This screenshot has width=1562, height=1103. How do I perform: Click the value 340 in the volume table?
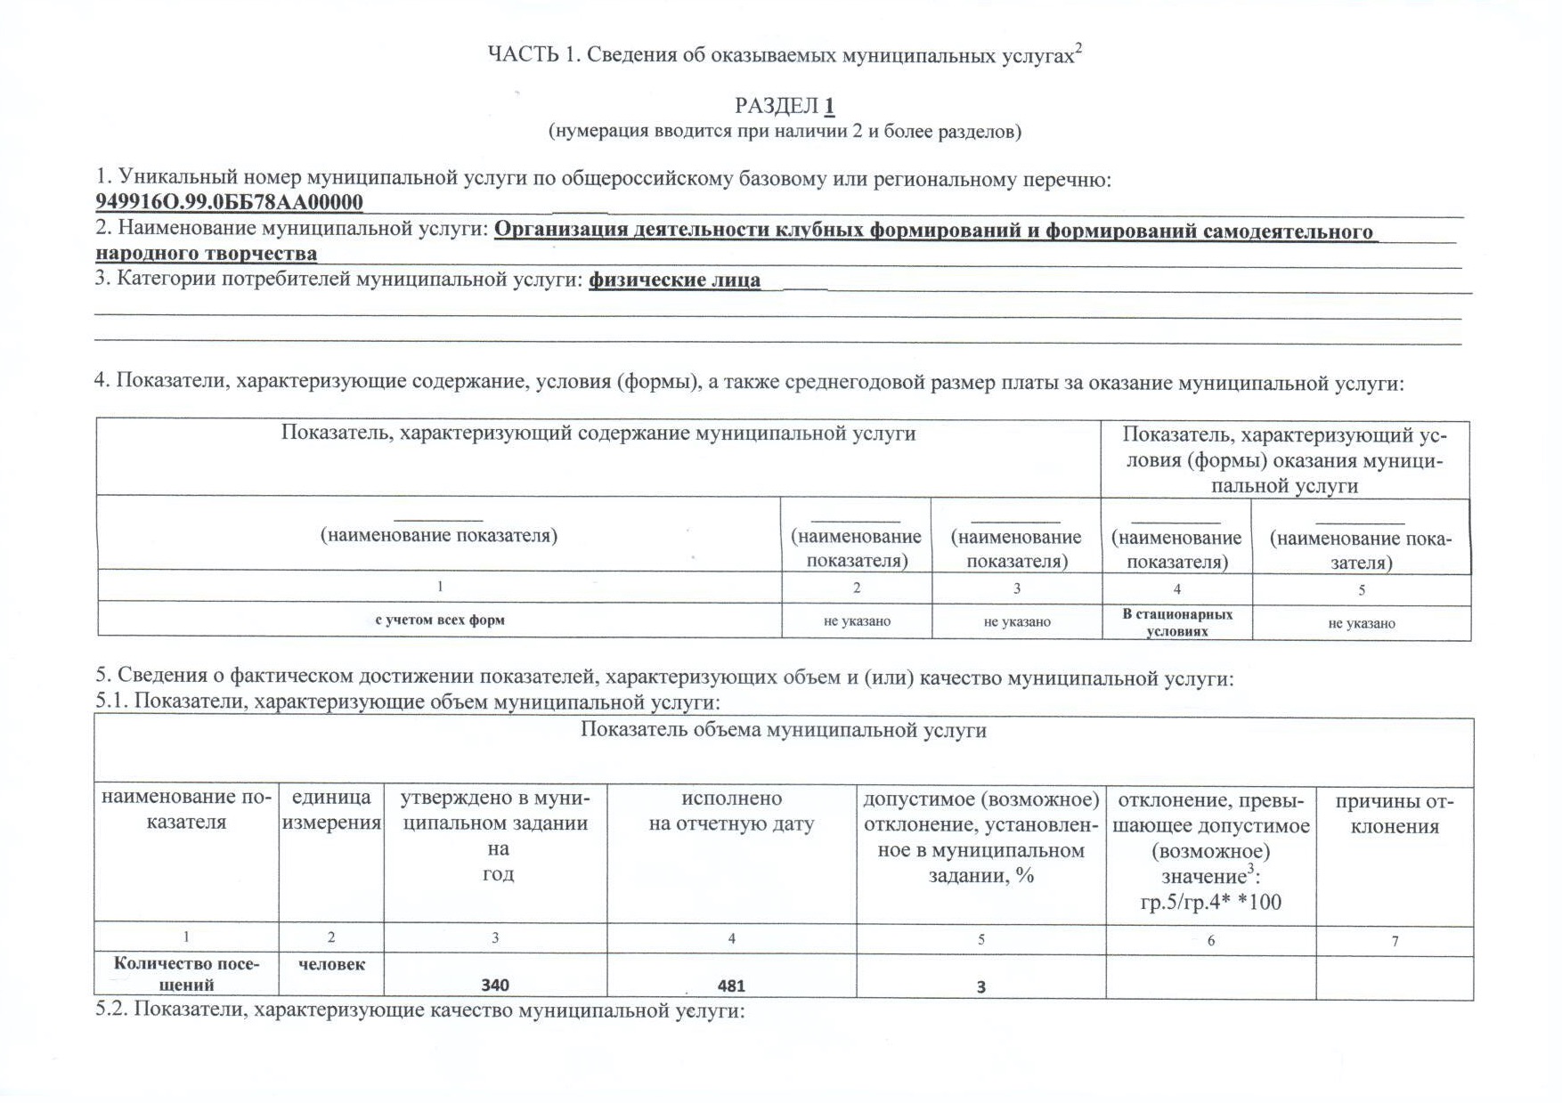click(x=495, y=985)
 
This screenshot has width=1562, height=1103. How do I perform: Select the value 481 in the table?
click(x=731, y=985)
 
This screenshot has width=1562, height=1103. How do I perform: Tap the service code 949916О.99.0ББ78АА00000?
click(x=229, y=202)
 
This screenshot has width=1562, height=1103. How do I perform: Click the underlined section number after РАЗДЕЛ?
click(x=829, y=106)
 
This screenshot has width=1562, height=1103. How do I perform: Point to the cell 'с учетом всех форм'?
click(x=439, y=620)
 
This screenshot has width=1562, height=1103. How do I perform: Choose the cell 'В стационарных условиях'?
click(x=1176, y=622)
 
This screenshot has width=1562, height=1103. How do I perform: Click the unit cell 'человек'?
click(x=331, y=964)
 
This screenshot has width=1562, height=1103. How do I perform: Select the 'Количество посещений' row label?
click(x=186, y=974)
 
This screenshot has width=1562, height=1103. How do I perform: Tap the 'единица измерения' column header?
click(x=331, y=810)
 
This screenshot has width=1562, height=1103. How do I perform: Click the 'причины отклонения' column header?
click(x=1394, y=813)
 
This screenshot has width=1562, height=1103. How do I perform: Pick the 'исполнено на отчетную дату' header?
click(x=731, y=811)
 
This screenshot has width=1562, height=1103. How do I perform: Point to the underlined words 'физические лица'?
click(x=674, y=280)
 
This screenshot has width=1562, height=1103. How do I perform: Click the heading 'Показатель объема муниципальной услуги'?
click(x=783, y=731)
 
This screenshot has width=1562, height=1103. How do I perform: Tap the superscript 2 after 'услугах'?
click(x=1078, y=49)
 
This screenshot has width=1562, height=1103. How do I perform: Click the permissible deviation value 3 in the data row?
click(x=980, y=986)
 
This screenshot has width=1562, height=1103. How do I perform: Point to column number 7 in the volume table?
click(x=1395, y=940)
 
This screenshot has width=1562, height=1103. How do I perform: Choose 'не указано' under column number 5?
click(x=1361, y=623)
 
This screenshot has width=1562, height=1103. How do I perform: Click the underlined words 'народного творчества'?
click(x=206, y=253)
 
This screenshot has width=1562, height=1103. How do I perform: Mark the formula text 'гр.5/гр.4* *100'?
click(x=1210, y=902)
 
